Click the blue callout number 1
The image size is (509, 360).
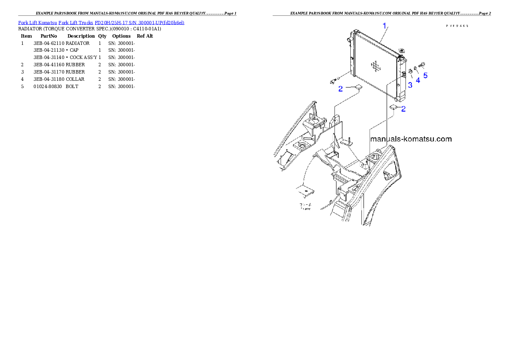pos(385,26)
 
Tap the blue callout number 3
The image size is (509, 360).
pos(410,85)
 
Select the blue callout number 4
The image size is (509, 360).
pos(418,80)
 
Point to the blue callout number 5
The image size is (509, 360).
pos(425,76)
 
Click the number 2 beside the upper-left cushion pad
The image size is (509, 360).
pos(340,89)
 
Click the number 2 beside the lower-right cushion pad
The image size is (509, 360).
pos(403,109)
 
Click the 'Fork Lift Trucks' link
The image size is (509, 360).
pos(76,23)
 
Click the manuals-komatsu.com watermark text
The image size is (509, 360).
pos(411,139)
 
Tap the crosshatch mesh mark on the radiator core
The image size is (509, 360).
pos(376,65)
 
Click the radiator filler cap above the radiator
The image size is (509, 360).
pos(402,51)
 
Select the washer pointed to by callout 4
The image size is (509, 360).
pos(416,68)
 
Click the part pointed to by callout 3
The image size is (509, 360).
pos(409,71)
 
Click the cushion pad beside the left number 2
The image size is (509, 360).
pos(356,88)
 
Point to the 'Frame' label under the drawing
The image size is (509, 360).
pos(305,210)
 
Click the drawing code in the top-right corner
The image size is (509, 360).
pos(457,26)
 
